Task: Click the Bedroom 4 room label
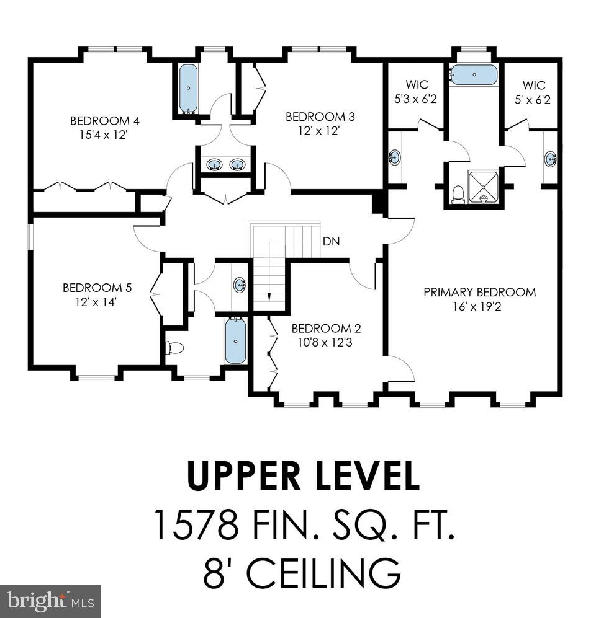tap(100, 127)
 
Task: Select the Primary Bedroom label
tap(479, 298)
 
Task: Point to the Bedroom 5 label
tap(97, 294)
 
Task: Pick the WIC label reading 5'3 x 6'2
tap(417, 91)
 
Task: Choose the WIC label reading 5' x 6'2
tap(533, 91)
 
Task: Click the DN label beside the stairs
tap(331, 242)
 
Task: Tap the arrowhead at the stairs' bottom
tap(269, 297)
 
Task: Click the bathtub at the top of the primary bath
tap(474, 74)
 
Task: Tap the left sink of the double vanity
tap(215, 165)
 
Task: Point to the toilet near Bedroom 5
tap(174, 348)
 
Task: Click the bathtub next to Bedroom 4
tap(188, 89)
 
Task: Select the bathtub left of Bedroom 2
tap(235, 341)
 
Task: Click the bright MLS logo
tap(50, 601)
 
